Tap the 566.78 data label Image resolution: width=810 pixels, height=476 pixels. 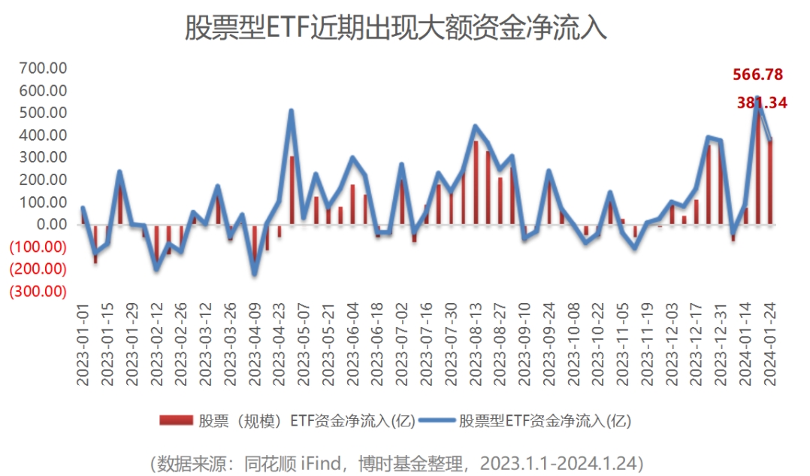pos(757,74)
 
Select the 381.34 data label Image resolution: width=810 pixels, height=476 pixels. pos(762,103)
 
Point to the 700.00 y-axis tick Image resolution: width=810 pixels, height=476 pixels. pos(44,68)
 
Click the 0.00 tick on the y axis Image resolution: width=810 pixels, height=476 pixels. pos(52,224)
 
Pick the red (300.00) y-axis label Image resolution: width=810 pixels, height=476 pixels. pos(38,291)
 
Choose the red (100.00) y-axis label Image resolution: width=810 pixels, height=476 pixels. pos(38,247)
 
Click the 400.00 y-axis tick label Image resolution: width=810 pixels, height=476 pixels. pos(44,135)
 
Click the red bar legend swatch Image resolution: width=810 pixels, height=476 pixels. pos(176,420)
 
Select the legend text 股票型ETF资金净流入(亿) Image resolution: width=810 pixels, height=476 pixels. pos(546,420)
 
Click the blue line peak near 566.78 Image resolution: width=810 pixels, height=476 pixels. pos(757,99)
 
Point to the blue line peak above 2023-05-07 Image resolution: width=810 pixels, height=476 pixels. pos(291,111)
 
